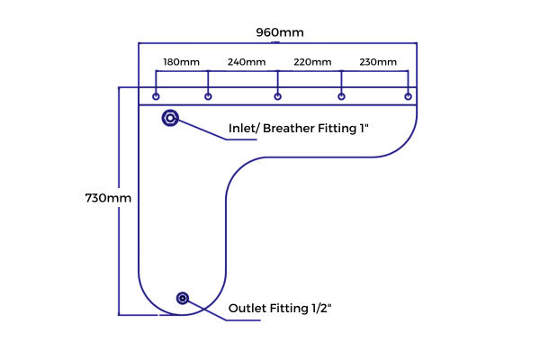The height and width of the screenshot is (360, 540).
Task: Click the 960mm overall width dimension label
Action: [x=280, y=32]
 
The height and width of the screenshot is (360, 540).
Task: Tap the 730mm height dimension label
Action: [x=108, y=198]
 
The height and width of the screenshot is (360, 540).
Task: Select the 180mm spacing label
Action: [x=181, y=62]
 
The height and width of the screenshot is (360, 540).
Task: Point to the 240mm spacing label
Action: [x=247, y=62]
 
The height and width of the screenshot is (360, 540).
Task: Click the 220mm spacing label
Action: [x=312, y=62]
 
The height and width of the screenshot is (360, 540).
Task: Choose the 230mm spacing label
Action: [x=378, y=62]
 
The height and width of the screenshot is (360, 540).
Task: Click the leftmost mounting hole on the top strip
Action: [x=156, y=96]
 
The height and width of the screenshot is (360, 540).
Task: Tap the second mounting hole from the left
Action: [x=208, y=96]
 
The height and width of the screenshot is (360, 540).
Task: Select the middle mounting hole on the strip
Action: [x=277, y=96]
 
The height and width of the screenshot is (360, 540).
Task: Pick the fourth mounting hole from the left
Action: [x=341, y=96]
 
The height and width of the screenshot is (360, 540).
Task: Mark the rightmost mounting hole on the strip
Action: [x=408, y=96]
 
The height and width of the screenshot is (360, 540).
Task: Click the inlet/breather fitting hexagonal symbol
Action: [x=170, y=118]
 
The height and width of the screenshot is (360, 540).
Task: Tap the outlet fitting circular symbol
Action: [x=183, y=298]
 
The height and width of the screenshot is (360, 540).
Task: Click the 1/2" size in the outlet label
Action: [x=321, y=308]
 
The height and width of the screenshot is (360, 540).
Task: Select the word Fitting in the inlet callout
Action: [x=337, y=129]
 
